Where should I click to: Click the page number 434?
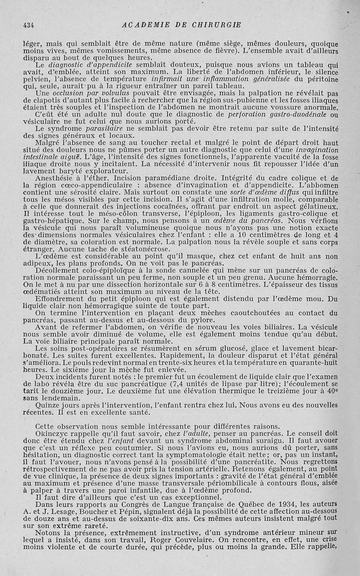pyautogui.click(x=28, y=25)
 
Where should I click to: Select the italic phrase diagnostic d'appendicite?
pyautogui.click(x=81, y=65)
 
